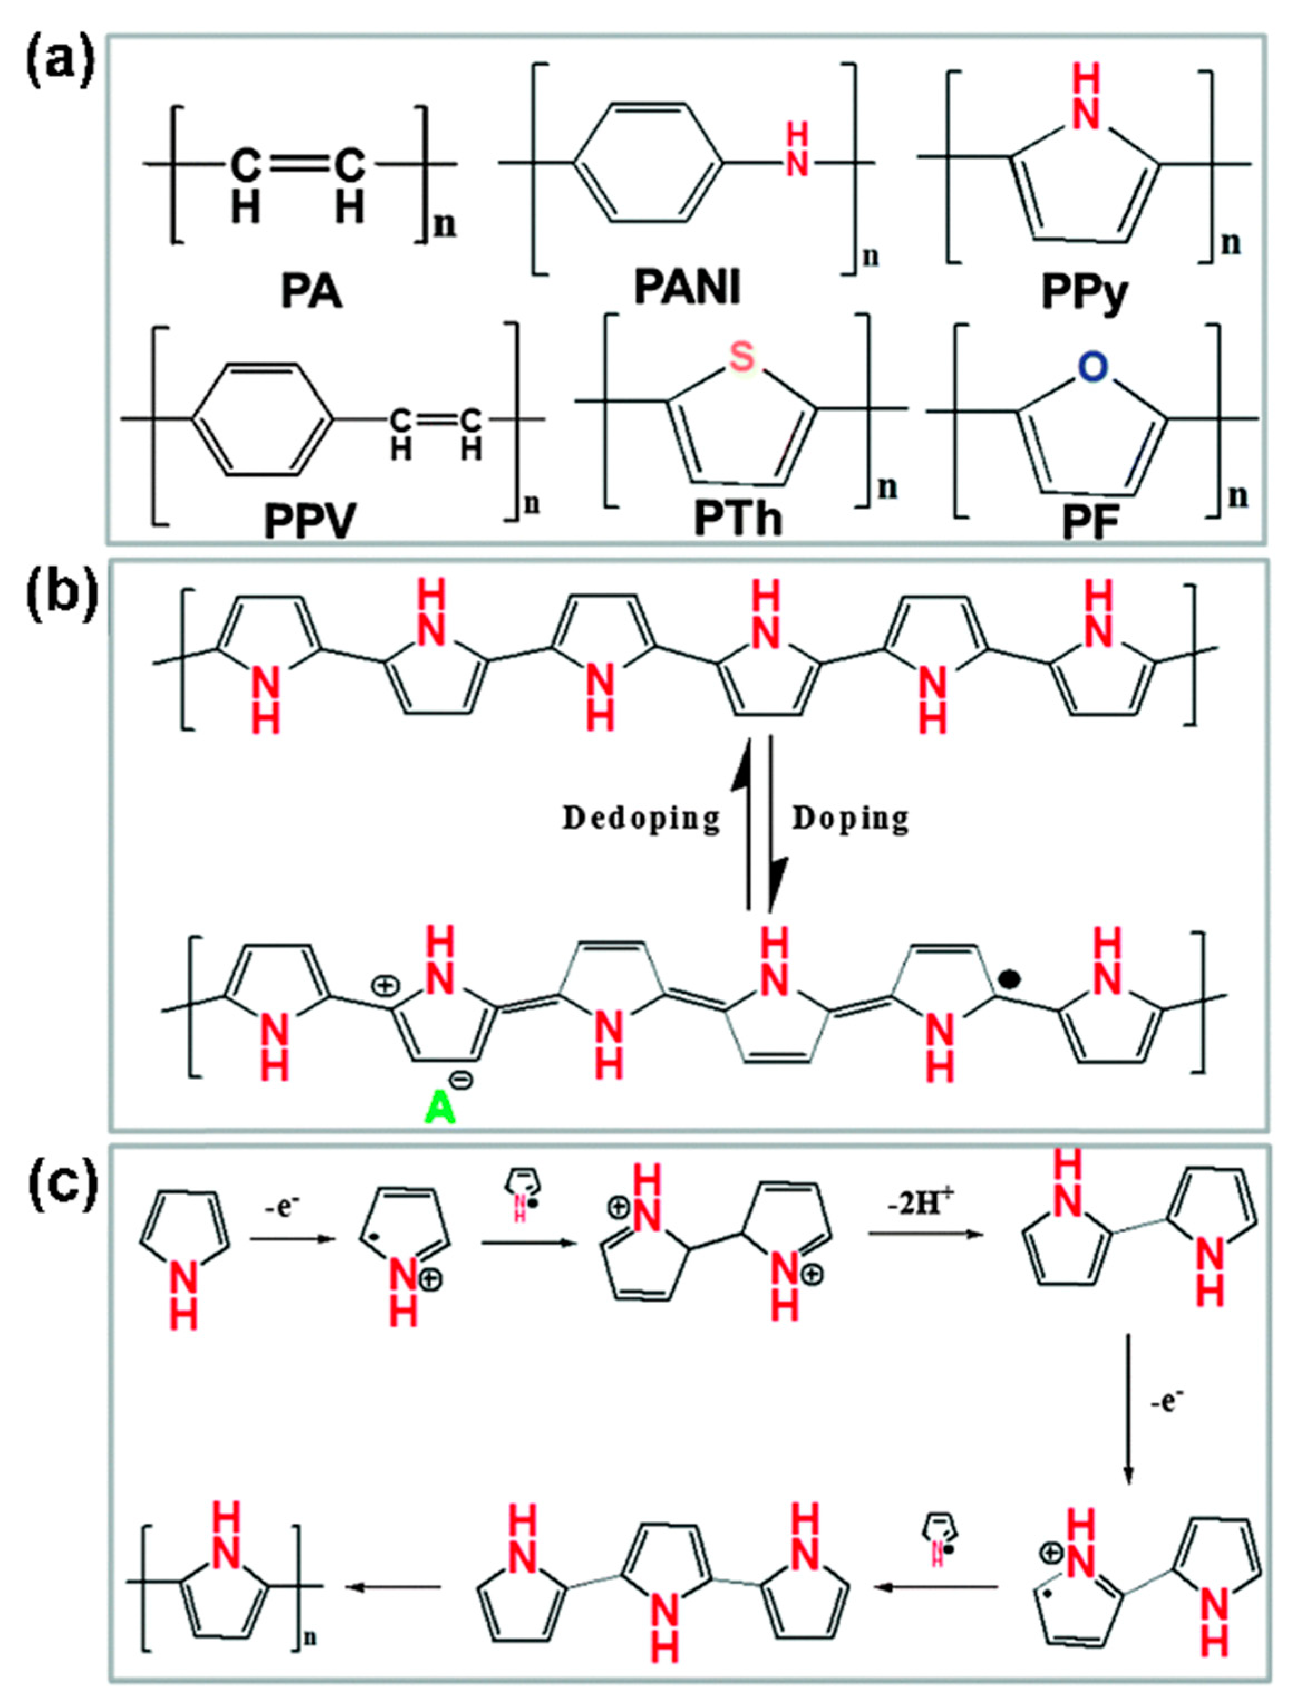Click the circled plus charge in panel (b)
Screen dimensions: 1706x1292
point(382,985)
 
